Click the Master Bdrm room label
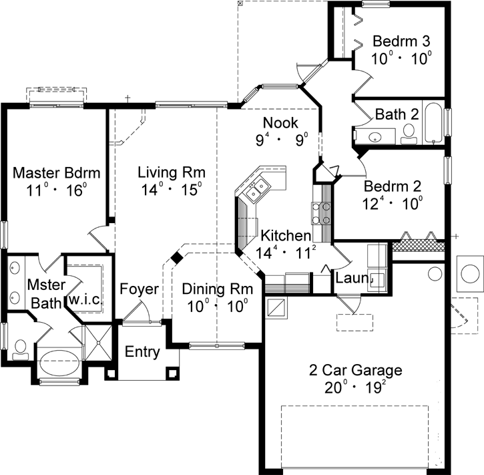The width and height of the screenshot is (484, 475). click(x=57, y=173)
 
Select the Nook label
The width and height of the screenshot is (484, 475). click(x=280, y=123)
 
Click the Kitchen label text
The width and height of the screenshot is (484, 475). click(x=286, y=236)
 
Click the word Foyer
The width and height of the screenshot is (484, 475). click(x=139, y=289)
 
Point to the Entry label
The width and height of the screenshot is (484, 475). click(x=143, y=351)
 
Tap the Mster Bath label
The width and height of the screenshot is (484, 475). click(x=45, y=293)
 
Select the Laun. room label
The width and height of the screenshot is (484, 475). click(x=352, y=277)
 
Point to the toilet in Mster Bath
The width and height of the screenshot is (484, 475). click(x=19, y=348)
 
